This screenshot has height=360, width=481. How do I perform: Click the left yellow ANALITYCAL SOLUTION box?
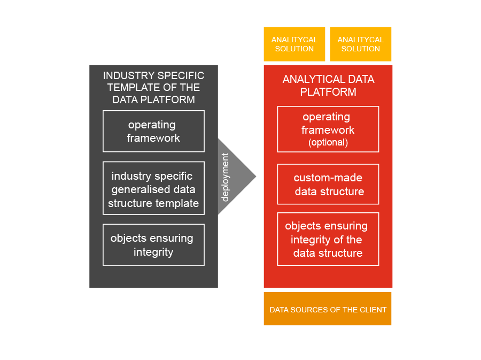[294, 44]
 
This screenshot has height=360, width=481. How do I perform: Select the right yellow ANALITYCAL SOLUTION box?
[360, 44]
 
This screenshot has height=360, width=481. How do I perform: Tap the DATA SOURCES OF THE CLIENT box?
[328, 309]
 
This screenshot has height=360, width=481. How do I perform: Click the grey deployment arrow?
[235, 177]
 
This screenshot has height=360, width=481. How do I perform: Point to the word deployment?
[225, 177]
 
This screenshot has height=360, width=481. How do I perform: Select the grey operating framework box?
[153, 131]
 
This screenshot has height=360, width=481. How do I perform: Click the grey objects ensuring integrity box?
[153, 244]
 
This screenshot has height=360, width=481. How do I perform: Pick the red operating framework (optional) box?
[328, 129]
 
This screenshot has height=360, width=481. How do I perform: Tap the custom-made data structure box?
[328, 184]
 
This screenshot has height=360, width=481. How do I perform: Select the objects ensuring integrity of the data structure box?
[328, 239]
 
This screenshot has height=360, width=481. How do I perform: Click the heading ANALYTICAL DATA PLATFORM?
[328, 85]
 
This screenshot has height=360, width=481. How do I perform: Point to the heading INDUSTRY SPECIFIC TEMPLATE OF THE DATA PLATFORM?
[153, 87]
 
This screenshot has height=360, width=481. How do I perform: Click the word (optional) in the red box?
[328, 143]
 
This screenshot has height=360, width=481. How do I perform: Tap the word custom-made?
[328, 178]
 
